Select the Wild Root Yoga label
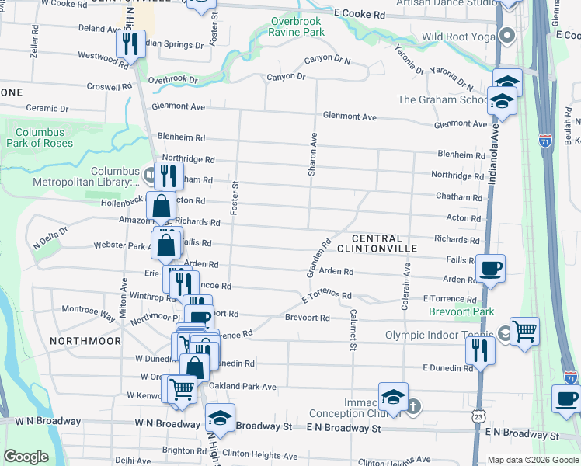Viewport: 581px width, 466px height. tap(458, 37)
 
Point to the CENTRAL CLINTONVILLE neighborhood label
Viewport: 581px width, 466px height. tap(377, 243)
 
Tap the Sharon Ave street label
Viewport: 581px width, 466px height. tap(312, 153)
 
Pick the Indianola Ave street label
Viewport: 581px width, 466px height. tap(494, 160)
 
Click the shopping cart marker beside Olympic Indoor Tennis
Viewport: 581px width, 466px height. tap(525, 331)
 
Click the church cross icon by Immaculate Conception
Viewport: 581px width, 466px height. tap(414, 405)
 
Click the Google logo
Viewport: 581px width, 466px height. tap(26, 457)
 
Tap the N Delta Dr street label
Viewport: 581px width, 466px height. tap(50, 235)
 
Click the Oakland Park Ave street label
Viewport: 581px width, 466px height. tap(242, 386)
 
